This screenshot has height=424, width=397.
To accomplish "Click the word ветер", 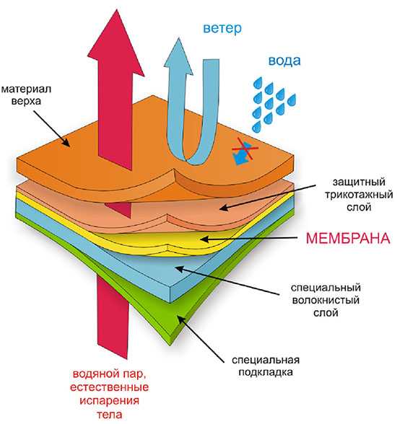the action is [x=222, y=28].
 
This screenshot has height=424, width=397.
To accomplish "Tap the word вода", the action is [x=284, y=61].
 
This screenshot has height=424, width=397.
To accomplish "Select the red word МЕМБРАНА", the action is [x=348, y=239].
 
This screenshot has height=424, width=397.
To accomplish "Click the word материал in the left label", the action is [x=26, y=89].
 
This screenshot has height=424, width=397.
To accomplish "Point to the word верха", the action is [x=26, y=102].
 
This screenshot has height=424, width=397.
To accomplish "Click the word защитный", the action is [x=359, y=182].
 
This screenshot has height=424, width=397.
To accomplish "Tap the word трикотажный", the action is [x=359, y=195].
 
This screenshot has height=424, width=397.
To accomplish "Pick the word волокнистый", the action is [x=326, y=300].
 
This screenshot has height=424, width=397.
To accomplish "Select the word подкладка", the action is [x=266, y=372].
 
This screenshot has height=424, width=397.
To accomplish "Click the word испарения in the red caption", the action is [x=109, y=401].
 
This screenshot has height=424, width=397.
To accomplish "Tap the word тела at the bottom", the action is [x=109, y=414].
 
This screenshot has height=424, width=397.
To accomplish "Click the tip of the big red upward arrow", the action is [x=117, y=10].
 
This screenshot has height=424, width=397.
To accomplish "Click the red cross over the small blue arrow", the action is [x=245, y=149].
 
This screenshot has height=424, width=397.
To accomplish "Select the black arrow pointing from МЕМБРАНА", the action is [x=249, y=239].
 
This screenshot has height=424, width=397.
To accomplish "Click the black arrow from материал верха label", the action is [x=52, y=129].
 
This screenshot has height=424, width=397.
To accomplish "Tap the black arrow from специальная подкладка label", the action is [x=201, y=340].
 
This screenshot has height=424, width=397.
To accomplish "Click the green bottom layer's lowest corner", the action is [x=170, y=345].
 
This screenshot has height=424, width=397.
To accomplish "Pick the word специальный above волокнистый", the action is [x=326, y=288].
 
